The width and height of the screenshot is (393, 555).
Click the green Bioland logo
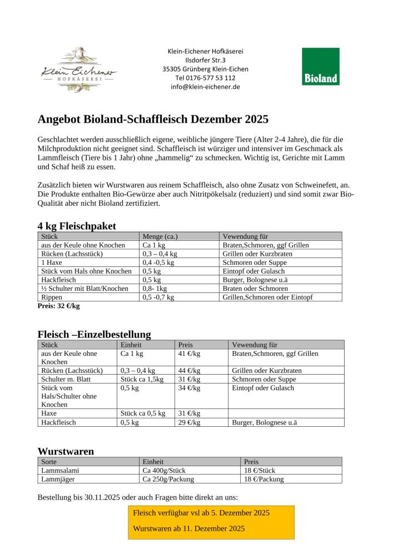[x=320, y=67]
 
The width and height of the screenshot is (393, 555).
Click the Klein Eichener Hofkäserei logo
[x=79, y=70]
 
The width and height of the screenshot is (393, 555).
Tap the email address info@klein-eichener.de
[x=205, y=87]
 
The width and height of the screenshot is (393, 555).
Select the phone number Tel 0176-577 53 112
[x=205, y=78]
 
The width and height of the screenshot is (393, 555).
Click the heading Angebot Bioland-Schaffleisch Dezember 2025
[x=153, y=119]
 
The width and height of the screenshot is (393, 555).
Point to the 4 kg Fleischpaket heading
[x=77, y=226]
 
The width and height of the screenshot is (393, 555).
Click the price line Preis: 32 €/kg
[x=58, y=306]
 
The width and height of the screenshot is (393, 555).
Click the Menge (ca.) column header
[x=160, y=236]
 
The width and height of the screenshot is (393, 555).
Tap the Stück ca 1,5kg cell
[x=142, y=379]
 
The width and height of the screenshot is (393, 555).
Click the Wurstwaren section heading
[x=66, y=451]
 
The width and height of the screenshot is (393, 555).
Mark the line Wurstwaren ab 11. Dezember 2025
[x=189, y=528]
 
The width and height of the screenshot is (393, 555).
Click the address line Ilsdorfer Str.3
[x=205, y=60]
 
